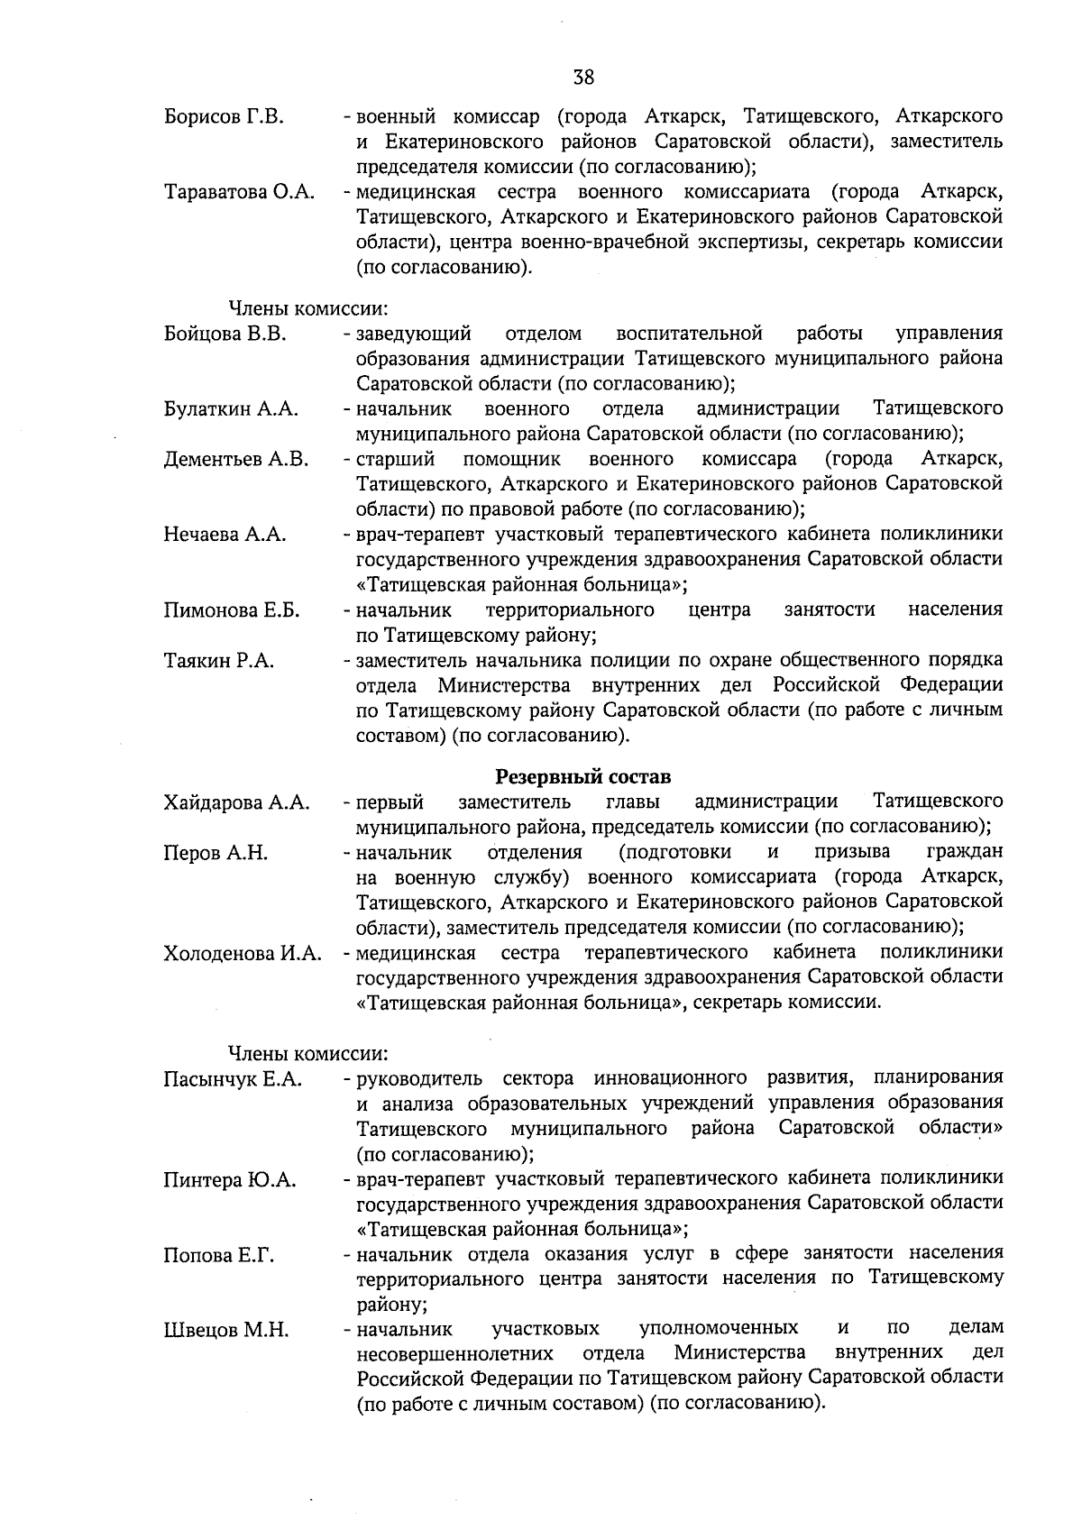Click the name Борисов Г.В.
[x=225, y=117]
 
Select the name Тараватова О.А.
[x=239, y=193]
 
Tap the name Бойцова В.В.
[x=225, y=334]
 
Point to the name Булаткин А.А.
[x=231, y=409]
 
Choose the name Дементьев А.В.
[x=236, y=460]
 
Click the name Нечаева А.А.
[x=225, y=535]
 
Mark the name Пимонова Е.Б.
[x=232, y=610]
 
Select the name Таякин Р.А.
[x=219, y=661]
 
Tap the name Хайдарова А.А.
[x=237, y=802]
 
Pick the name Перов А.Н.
[x=215, y=853]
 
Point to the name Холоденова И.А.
[x=243, y=954]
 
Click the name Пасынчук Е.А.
[x=233, y=1079]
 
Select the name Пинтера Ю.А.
[x=230, y=1180]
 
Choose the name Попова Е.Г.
[x=219, y=1255]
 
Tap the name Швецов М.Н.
[x=226, y=1330]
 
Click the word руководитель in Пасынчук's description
[x=419, y=1078]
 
